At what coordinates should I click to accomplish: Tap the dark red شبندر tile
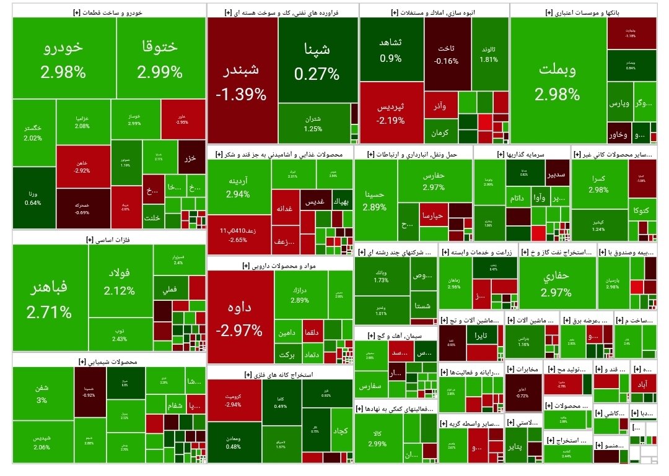(x=242, y=81)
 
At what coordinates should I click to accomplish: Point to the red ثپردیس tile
(x=391, y=112)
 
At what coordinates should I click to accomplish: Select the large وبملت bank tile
(x=557, y=81)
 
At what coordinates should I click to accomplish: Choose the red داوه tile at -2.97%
(x=239, y=317)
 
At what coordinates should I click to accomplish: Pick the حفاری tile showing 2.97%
(x=556, y=284)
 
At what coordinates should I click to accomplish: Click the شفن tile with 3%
(x=42, y=394)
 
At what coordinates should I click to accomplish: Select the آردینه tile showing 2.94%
(x=238, y=187)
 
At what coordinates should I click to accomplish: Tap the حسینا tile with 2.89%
(x=375, y=198)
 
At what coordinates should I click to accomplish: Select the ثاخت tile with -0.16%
(x=446, y=54)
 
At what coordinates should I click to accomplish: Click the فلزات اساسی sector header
(x=109, y=238)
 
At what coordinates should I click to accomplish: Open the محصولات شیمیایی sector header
(x=109, y=361)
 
